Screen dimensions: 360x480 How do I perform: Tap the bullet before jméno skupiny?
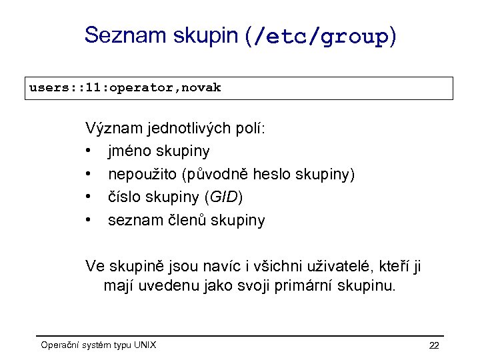(89, 151)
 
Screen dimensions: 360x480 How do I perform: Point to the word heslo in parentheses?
(277, 175)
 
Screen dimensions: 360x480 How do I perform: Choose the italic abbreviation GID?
(224, 197)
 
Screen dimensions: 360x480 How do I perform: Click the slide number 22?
(434, 345)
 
